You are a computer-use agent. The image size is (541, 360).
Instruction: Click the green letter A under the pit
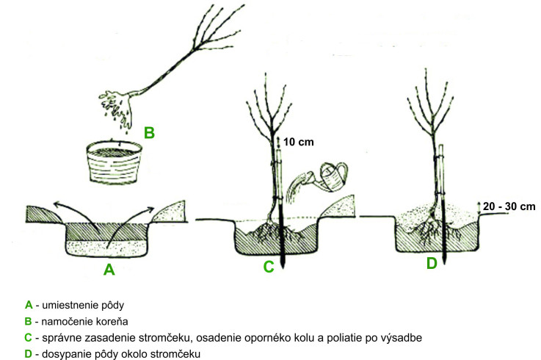[x=109, y=270]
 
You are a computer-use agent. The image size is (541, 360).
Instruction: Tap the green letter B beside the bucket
[x=150, y=133]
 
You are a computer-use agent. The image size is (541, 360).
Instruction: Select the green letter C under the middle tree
[x=269, y=267]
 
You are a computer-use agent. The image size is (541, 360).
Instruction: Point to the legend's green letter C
[x=29, y=337]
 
